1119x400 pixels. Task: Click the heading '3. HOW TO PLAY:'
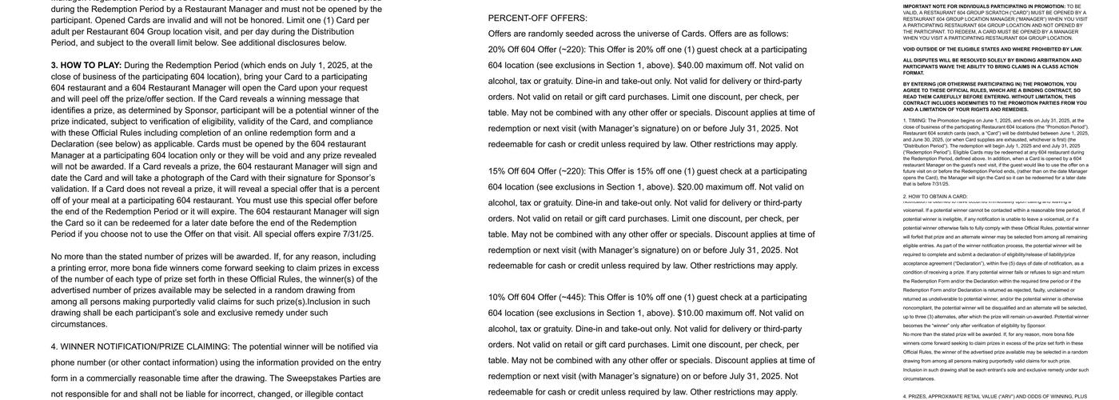point(86,66)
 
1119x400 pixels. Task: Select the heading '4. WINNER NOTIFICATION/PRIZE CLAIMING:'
point(140,347)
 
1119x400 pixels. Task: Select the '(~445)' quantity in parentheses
point(572,298)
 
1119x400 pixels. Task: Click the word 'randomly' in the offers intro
point(551,34)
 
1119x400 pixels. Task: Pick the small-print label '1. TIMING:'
point(915,121)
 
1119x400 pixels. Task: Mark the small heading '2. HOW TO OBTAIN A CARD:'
point(935,197)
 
